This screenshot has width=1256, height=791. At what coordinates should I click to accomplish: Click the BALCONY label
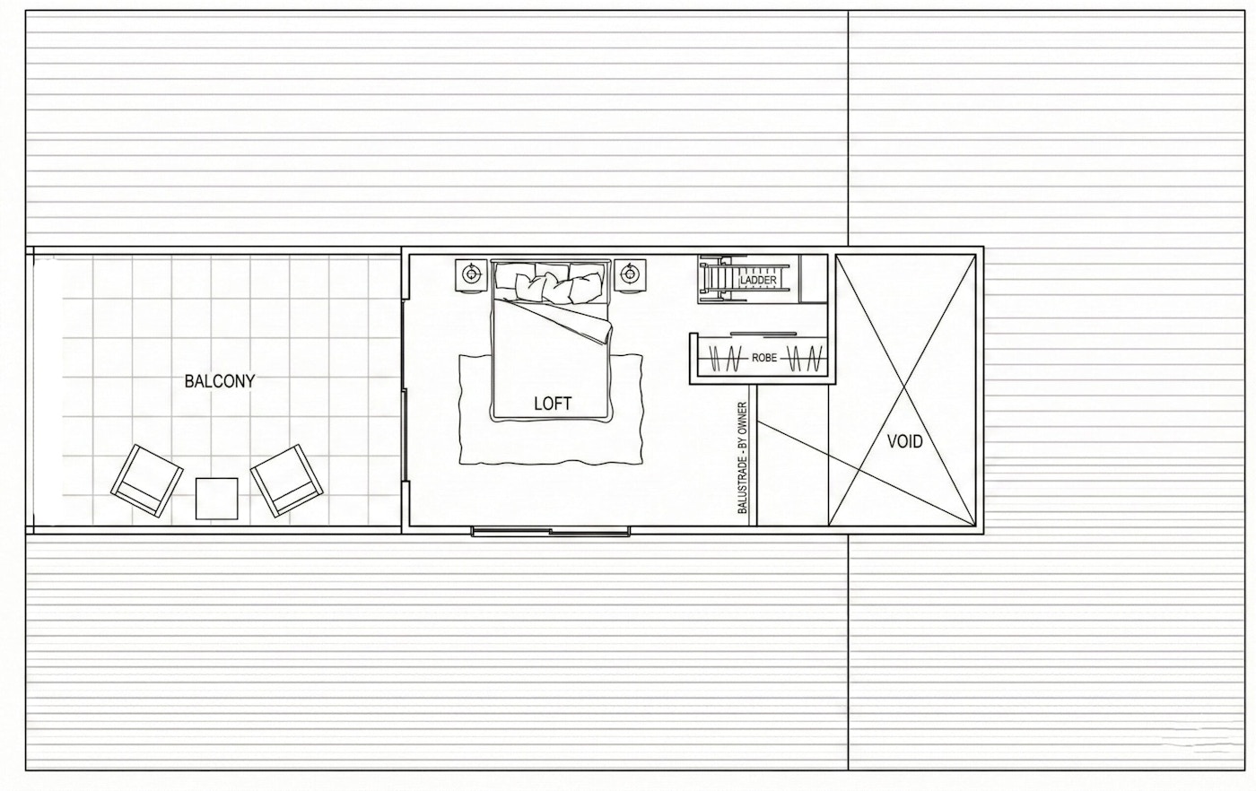pos(220,381)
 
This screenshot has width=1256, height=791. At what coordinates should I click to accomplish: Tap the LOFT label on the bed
pos(552,404)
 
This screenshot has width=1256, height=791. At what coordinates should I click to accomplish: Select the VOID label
pos(904,441)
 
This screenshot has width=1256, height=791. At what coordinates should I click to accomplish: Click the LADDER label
pos(758,281)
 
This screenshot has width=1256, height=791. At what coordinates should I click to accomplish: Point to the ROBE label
pos(764,358)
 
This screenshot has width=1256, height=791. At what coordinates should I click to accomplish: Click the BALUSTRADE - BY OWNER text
pos(743,457)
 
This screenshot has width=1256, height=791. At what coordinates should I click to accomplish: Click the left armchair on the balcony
pos(146,480)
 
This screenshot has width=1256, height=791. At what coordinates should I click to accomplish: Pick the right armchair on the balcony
pos(286,480)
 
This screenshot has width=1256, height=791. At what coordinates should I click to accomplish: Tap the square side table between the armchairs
pos(216,498)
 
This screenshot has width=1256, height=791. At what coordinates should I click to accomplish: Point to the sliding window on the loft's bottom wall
pos(550,532)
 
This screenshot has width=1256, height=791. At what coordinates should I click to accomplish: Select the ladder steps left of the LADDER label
pos(719,279)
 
